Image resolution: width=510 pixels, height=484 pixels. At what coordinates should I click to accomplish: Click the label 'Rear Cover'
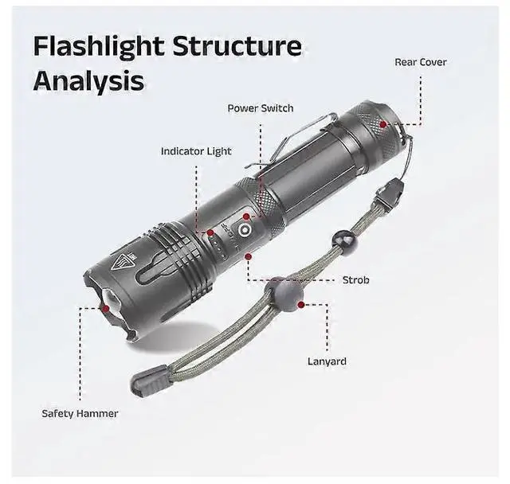tap(421, 62)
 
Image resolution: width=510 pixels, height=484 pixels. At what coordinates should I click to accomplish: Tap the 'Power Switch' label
tap(261, 108)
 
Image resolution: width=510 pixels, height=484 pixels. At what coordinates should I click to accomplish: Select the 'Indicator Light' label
tap(196, 150)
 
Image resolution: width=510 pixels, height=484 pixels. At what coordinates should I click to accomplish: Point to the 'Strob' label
tap(355, 280)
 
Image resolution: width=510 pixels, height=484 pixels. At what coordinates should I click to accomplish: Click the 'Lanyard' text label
tap(327, 361)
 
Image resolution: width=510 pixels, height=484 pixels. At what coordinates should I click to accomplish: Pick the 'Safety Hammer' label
tap(80, 413)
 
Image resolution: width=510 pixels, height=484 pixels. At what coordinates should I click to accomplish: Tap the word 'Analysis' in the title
tap(88, 80)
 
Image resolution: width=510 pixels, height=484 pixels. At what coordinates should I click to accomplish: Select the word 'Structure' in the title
tap(239, 46)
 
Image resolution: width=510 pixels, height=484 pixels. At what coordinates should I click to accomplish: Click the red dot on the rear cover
tap(383, 124)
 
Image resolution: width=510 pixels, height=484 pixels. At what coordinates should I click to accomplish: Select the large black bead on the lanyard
tap(285, 295)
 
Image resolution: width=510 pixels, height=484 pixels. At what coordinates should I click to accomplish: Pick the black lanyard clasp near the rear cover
tap(390, 193)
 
